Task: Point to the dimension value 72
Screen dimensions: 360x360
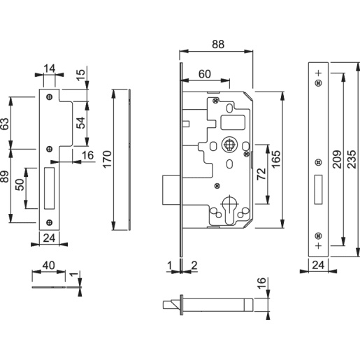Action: [x=261, y=173]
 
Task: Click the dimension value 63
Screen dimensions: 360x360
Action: [x=5, y=124]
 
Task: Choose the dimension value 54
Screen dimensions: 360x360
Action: [x=80, y=123]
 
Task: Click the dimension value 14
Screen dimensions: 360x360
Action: [x=48, y=68]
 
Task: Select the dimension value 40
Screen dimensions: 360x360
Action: [x=48, y=266]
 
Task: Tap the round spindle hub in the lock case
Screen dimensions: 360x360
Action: [x=227, y=146]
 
